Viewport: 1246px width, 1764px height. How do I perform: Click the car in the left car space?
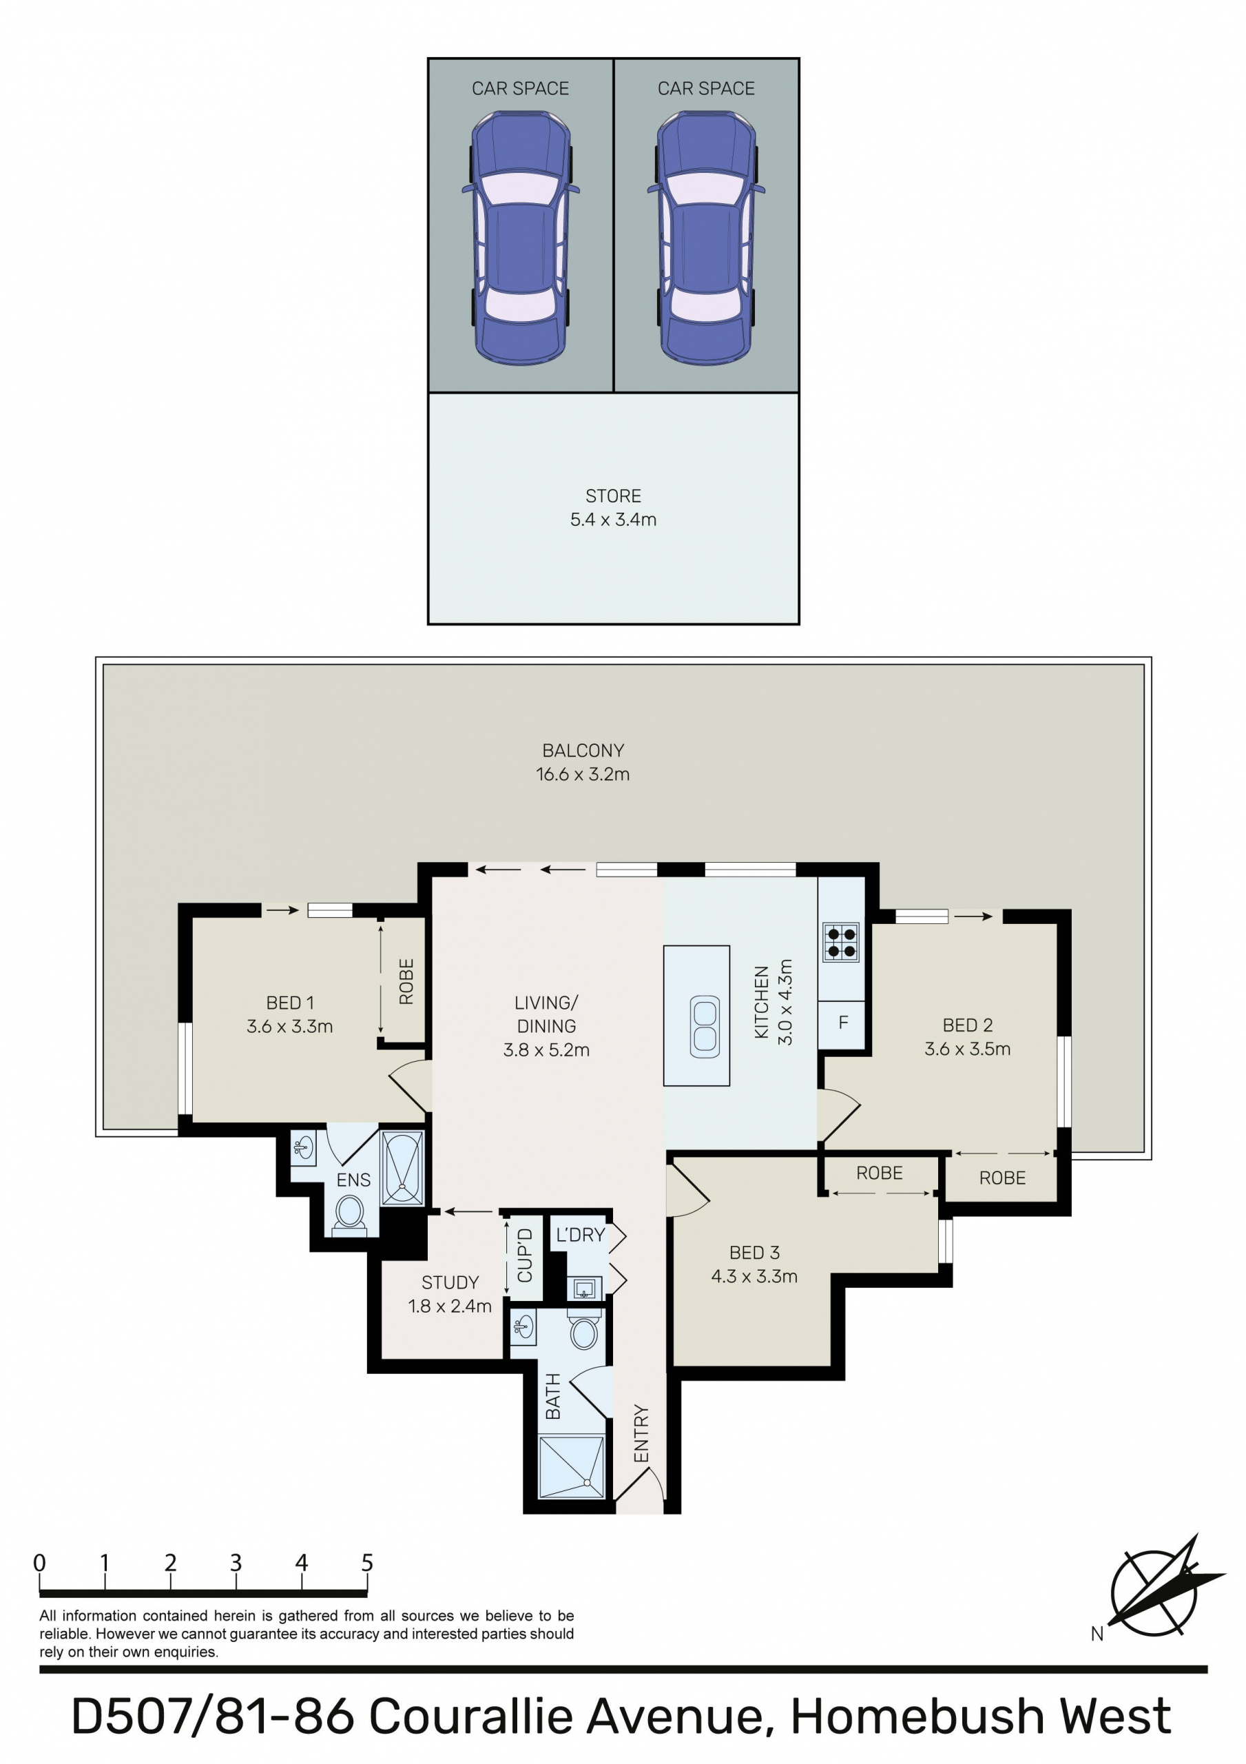521,238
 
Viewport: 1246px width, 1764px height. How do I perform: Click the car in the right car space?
706,238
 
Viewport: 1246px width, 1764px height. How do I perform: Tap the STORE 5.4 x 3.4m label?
613,507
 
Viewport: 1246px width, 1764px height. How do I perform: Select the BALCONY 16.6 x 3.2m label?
583,761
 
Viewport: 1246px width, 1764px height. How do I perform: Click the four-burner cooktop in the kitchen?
840,943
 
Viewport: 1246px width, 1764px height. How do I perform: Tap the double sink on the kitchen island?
705,1026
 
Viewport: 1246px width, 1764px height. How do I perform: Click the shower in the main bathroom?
572,1468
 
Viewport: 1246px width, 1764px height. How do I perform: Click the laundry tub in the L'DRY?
585,1289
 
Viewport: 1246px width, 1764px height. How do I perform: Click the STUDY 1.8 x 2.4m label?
450,1294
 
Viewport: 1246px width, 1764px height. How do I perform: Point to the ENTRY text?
641,1434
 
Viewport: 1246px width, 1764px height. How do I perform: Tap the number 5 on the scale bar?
367,1563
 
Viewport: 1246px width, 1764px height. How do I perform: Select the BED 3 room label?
754,1264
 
